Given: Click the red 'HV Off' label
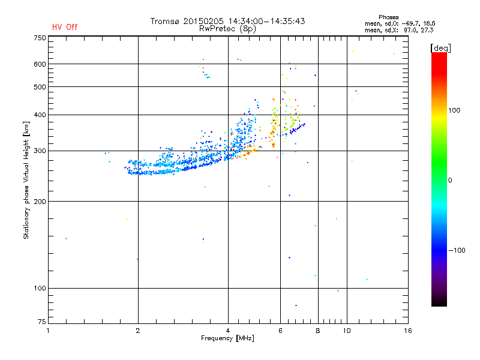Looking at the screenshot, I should pyautogui.click(x=64, y=27).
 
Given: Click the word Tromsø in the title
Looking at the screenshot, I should pyautogui.click(x=164, y=21).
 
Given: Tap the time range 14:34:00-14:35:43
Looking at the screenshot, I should pyautogui.click(x=261, y=21).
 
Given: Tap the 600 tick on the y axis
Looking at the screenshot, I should pyautogui.click(x=40, y=64).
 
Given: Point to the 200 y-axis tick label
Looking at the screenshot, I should pyautogui.click(x=40, y=202).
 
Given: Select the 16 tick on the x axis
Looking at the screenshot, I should pyautogui.click(x=408, y=331).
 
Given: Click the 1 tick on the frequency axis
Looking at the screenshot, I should pyautogui.click(x=48, y=331).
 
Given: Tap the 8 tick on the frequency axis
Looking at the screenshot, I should pyautogui.click(x=318, y=331).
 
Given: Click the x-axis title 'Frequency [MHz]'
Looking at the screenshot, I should pyautogui.click(x=227, y=339).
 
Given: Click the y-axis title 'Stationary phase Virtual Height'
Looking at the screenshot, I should pyautogui.click(x=26, y=180).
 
